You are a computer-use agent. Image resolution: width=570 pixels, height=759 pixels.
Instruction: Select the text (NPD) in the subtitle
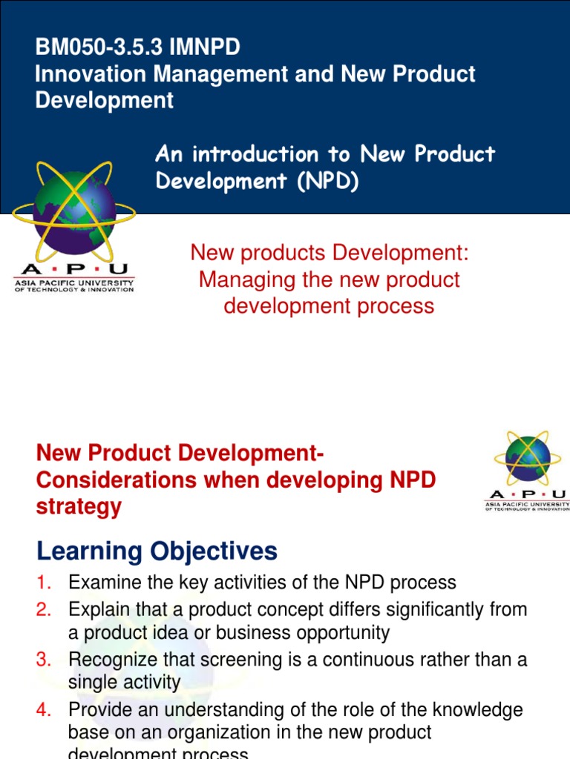click(327, 182)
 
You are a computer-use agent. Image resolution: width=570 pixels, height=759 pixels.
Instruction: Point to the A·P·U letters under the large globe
click(74, 269)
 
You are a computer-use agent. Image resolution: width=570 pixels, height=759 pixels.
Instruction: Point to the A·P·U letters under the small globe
click(527, 494)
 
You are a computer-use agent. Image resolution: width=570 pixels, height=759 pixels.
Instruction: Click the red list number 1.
click(42, 583)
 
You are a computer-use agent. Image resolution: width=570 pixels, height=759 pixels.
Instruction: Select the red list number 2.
click(42, 609)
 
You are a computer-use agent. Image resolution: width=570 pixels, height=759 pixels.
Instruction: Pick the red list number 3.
click(42, 659)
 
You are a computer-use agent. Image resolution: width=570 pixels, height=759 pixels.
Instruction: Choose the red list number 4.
click(42, 709)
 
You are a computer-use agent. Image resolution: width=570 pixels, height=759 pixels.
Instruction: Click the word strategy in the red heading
click(78, 507)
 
